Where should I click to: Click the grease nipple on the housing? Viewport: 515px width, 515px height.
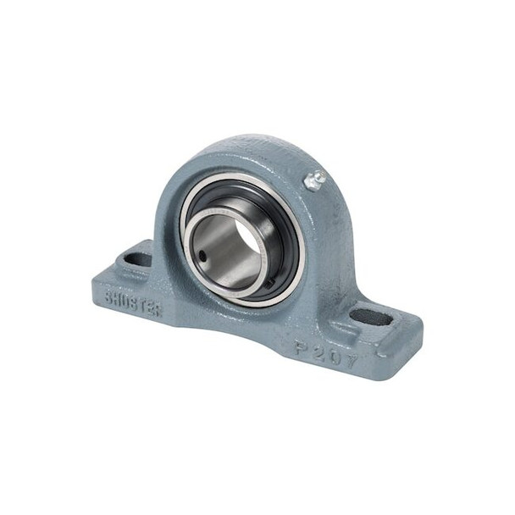pos(316,179)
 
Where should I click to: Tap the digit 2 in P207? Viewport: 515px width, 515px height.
pos(313,347)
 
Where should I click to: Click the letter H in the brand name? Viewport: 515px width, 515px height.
pos(119,297)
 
